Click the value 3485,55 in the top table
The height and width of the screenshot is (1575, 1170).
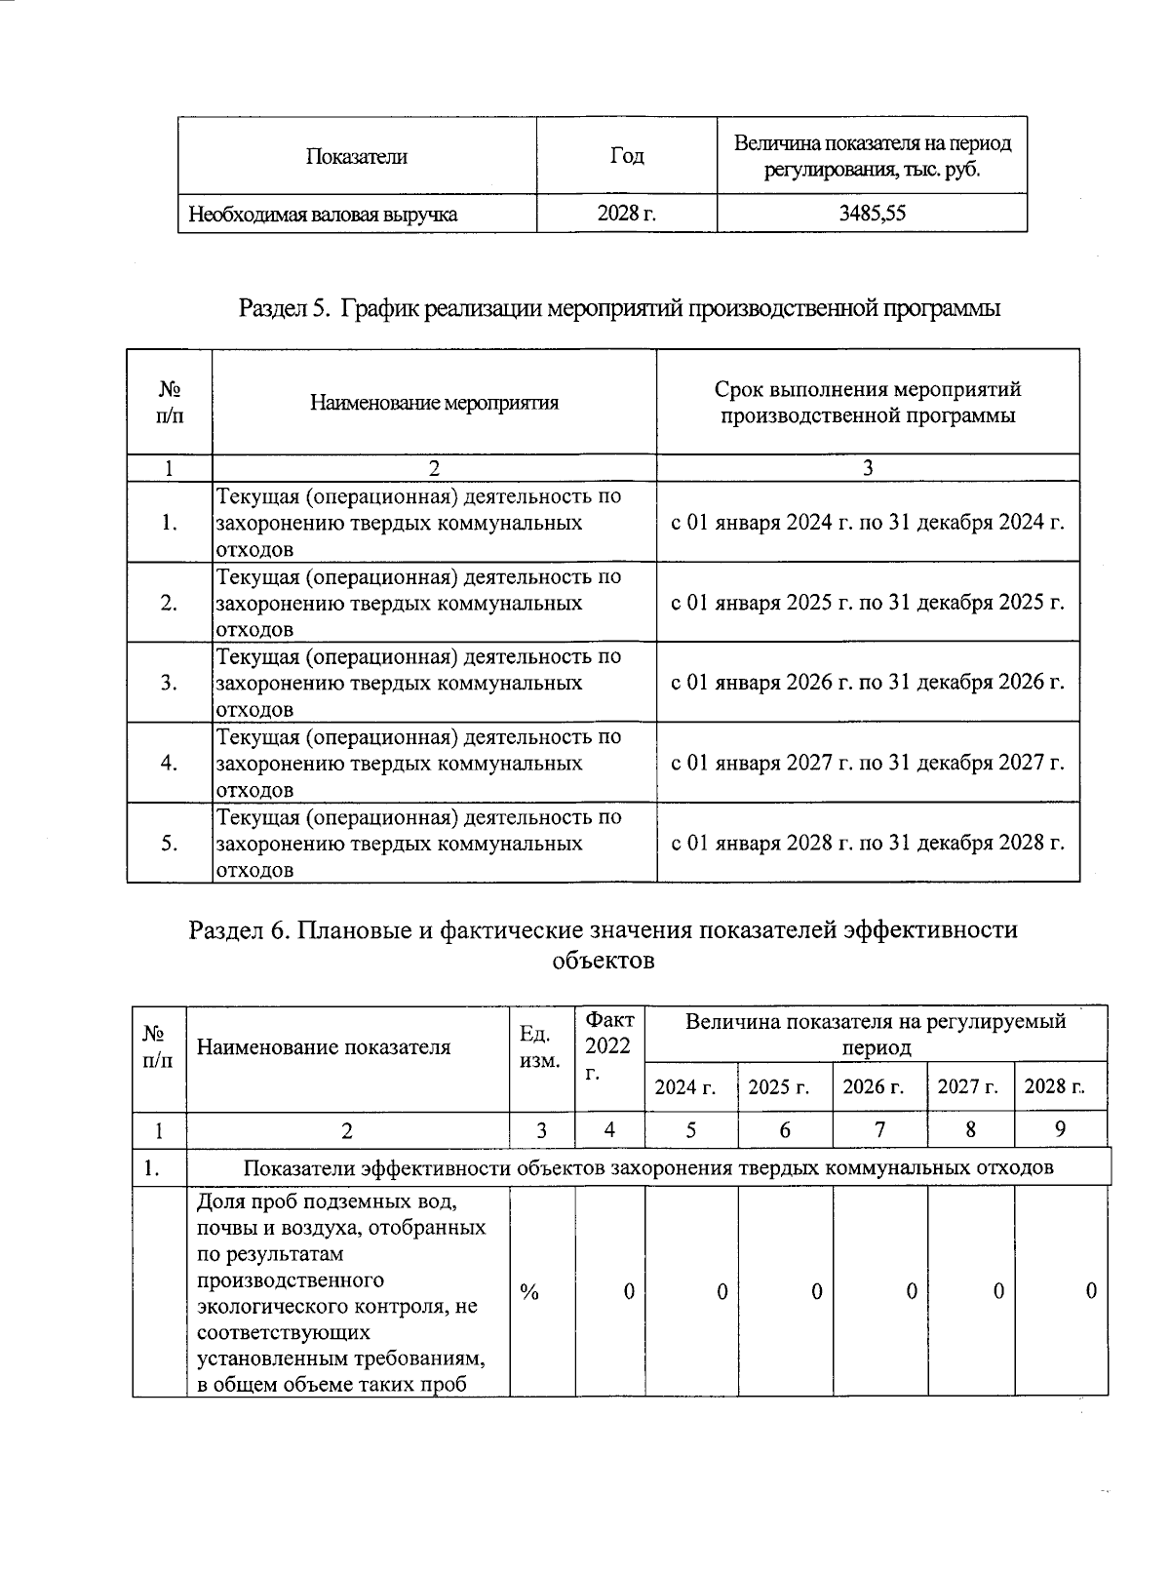pos(872,213)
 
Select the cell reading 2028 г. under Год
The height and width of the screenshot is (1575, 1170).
pos(626,213)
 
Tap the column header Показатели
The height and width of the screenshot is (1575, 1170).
pos(356,156)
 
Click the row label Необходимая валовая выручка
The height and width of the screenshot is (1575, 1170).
pos(323,214)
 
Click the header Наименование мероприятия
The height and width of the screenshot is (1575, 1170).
pos(434,403)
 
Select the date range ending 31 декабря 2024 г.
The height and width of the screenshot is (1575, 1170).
pos(868,522)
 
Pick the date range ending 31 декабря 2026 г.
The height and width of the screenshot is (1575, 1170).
pos(868,682)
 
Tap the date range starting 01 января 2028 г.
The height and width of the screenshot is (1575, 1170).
pos(868,842)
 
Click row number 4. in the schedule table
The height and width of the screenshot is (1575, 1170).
pos(169,763)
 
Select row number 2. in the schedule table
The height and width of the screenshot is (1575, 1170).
pos(169,603)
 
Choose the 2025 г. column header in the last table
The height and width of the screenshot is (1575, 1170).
pos(779,1086)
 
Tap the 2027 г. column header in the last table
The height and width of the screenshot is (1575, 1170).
pos(968,1086)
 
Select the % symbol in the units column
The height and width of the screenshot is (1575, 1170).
pos(529,1291)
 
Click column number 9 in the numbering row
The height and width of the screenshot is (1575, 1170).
pos(1060,1129)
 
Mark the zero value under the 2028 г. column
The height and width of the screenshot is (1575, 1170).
pos(1091,1291)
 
